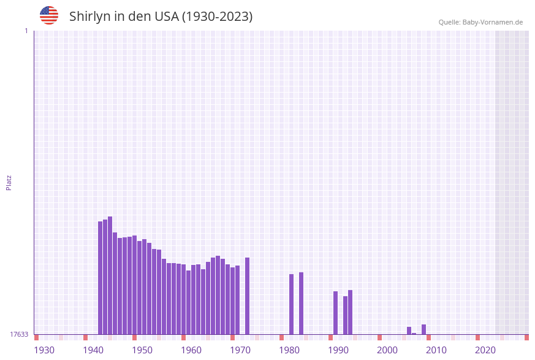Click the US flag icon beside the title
(49, 15)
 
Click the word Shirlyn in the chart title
(89, 17)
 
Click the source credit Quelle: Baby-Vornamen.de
(480, 22)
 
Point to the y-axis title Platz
(9, 182)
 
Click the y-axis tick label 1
(26, 31)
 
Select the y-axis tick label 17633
(19, 334)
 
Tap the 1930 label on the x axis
(44, 350)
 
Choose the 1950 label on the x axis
(142, 350)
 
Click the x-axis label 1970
(240, 350)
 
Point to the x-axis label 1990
(338, 350)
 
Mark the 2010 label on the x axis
(436, 350)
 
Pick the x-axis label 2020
(485, 350)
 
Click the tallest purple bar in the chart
(110, 275)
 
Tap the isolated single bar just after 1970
(248, 296)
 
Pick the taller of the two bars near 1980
(302, 303)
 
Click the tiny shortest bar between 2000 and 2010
(414, 334)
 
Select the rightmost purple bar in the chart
(424, 329)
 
